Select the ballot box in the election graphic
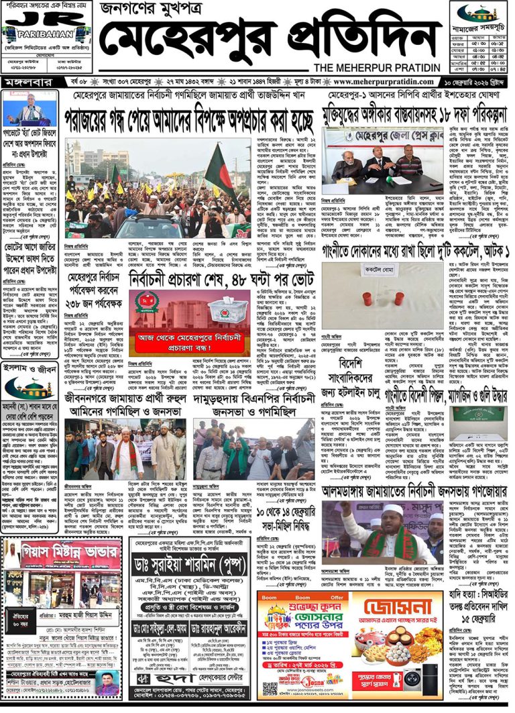pyautogui.click(x=227, y=311)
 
